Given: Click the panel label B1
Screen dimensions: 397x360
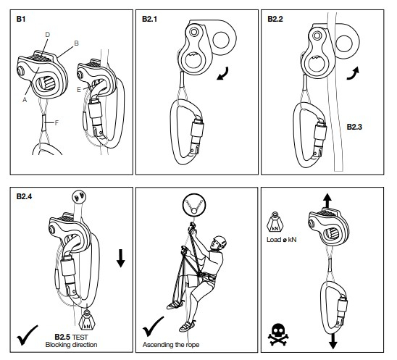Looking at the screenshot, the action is (21, 19).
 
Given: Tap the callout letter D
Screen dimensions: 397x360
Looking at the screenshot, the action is (48, 35).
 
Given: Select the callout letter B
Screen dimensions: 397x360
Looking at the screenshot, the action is (76, 43).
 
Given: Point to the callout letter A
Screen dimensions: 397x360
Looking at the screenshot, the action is (25, 100).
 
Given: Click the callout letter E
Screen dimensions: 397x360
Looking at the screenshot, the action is (79, 89).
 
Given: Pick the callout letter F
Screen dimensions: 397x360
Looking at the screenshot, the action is (57, 123).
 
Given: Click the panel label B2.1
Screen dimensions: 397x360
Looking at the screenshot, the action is (149, 19).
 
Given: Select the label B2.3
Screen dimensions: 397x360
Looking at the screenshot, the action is (354, 127).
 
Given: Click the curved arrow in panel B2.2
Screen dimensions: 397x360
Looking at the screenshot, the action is (353, 73).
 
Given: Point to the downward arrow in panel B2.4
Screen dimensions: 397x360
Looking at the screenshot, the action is (121, 258).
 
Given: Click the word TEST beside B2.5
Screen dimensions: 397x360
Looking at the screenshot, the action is (80, 338).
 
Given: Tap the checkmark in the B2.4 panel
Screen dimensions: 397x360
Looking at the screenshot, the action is (27, 335).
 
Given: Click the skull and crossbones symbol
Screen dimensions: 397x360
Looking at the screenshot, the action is (278, 335).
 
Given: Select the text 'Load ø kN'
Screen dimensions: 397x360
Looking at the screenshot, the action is (281, 240).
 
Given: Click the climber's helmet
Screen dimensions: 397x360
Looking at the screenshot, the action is (220, 240).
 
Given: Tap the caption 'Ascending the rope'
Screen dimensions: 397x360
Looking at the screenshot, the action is (171, 345).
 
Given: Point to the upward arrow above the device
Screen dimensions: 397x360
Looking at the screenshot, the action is (327, 201).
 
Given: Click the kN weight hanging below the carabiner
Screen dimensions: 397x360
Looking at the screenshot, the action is (88, 320).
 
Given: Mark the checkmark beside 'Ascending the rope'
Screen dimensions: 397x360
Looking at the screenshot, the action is (153, 327).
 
